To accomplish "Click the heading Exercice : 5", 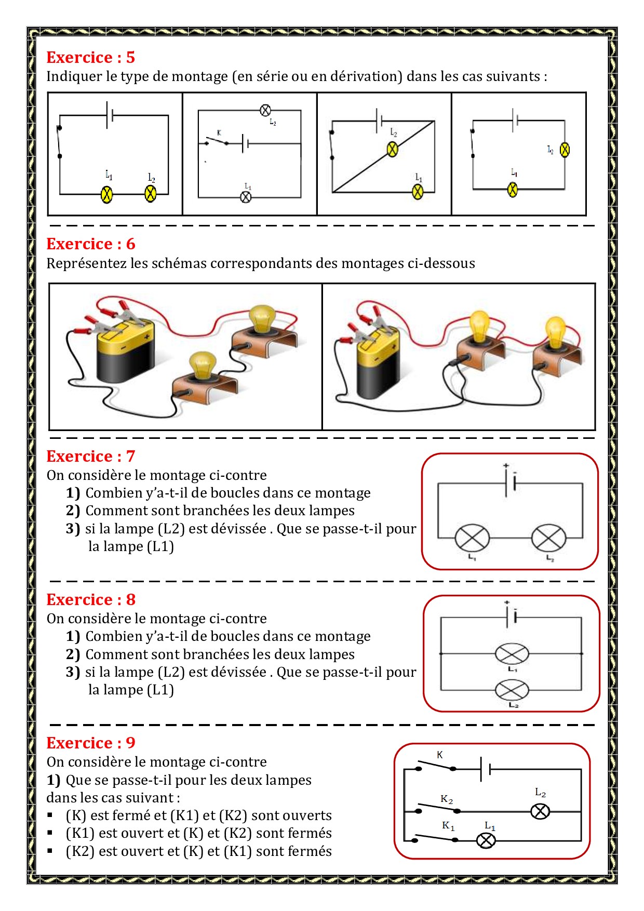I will click(90, 57).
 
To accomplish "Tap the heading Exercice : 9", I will click(90, 743).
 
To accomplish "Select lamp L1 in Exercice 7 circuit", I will click(472, 538).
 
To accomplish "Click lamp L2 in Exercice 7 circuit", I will click(548, 538).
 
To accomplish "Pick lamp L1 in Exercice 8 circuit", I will click(512, 653).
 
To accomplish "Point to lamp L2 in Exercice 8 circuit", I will click(512, 690).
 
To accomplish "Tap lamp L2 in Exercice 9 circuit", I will click(540, 811).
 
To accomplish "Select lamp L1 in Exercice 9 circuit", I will click(486, 840).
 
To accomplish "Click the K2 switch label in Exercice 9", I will click(447, 799).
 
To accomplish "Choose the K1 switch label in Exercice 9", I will click(448, 825).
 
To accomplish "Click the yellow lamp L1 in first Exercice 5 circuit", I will click(106, 194).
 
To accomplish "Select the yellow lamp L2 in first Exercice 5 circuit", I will click(151, 194).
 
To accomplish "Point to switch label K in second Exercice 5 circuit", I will click(219, 133).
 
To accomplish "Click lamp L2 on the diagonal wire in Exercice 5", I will click(393, 150).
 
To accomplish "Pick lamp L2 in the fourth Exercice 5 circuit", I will click(565, 150).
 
